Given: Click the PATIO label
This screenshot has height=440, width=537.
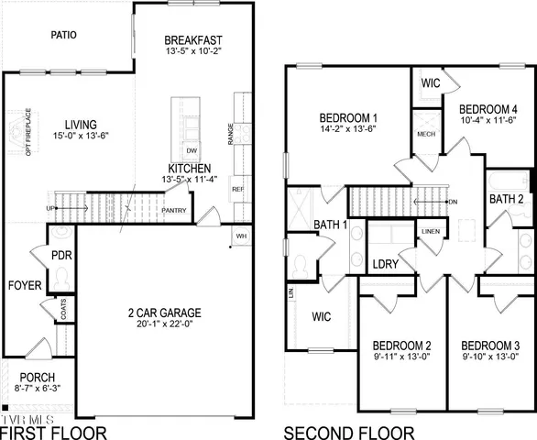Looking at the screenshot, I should click(x=63, y=36).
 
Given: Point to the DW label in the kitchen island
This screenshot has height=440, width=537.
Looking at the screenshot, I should click(x=192, y=149).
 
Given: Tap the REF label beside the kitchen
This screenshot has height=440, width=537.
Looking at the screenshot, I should click(x=237, y=190).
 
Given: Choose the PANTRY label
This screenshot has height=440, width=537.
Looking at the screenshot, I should click(x=174, y=211).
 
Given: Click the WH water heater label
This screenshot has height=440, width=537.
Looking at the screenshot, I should click(x=241, y=236).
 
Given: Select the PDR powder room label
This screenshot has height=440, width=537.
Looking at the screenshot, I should click(x=61, y=256).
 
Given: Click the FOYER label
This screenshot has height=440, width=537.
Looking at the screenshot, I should click(x=25, y=286).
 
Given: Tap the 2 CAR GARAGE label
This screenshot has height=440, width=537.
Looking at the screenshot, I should click(x=165, y=313).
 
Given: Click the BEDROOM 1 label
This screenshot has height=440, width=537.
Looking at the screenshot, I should click(x=348, y=118).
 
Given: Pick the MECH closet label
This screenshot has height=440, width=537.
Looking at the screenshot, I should click(x=425, y=135).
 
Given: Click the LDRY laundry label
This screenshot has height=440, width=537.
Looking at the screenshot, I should click(x=385, y=264).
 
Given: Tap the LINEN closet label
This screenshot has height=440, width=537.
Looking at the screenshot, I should click(x=430, y=232).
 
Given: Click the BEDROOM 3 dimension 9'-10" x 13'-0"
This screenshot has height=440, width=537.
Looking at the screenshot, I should click(x=491, y=357).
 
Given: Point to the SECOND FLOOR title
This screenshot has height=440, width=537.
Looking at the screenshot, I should click(x=348, y=432).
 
